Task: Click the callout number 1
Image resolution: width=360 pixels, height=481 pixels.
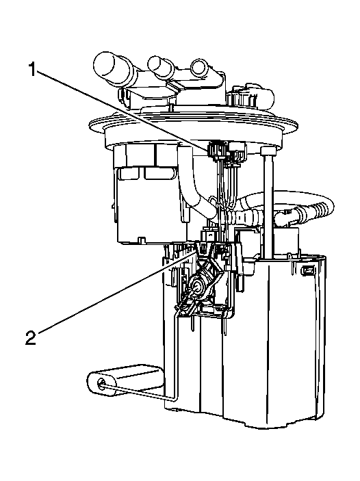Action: pos(32,69)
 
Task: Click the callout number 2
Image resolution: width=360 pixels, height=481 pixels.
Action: pos(31,338)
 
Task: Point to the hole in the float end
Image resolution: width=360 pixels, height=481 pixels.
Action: pos(101,383)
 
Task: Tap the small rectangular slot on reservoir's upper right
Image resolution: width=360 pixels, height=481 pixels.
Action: pos(308,270)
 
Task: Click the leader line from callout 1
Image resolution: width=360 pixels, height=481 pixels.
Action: pos(122,109)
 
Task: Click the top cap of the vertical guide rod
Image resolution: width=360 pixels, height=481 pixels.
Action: pos(268,151)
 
